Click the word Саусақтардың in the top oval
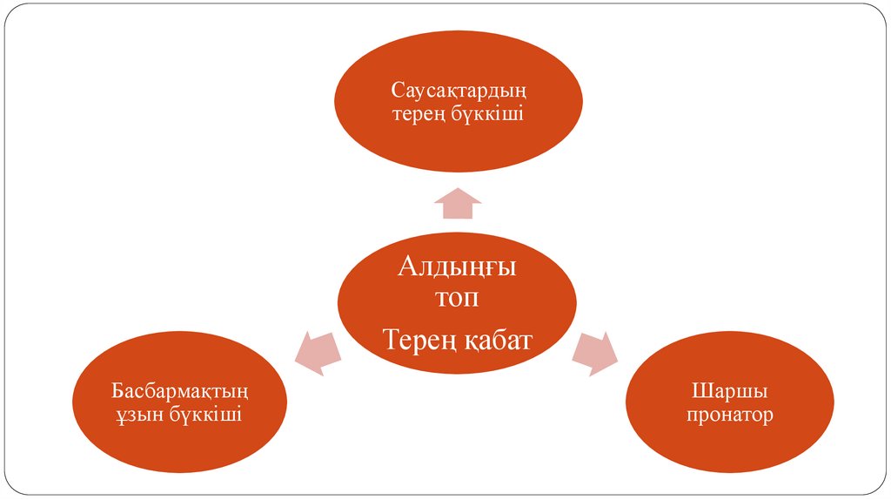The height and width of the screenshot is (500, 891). coord(458,90)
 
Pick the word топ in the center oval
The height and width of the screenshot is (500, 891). coord(457,299)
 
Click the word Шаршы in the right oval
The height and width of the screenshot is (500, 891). coord(729,390)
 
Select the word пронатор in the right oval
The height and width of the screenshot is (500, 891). coord(729,415)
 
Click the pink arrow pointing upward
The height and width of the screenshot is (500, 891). coord(457,203)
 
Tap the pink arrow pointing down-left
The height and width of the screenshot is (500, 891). coord(314,353)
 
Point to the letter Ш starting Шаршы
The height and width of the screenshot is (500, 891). coord(698,389)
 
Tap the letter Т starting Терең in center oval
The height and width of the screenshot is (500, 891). coord(391,339)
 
